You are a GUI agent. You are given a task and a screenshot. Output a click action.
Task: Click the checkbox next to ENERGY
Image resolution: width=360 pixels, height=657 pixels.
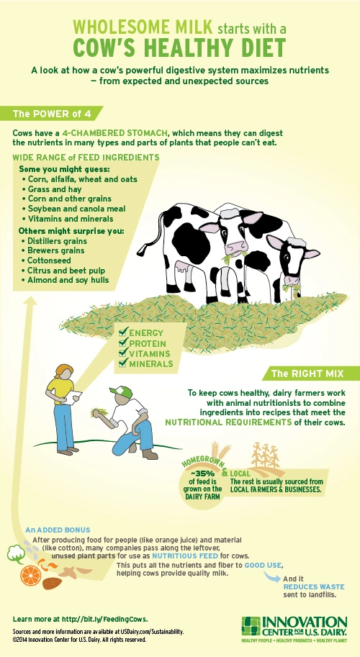(x=123, y=333)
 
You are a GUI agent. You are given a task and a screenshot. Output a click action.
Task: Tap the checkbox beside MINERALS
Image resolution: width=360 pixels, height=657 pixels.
(x=123, y=363)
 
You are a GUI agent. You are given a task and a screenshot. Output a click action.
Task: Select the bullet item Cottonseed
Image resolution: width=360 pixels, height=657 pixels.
(x=47, y=260)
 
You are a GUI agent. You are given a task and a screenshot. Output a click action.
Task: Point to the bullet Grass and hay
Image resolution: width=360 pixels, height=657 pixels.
(x=52, y=189)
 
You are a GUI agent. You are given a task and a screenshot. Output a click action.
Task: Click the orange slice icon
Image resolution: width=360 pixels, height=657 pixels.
(x=30, y=575)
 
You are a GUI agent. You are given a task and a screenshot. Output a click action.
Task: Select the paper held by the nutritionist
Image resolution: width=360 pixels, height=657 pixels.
(x=73, y=396)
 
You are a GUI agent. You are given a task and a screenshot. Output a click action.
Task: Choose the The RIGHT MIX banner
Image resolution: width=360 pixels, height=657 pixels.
(x=310, y=373)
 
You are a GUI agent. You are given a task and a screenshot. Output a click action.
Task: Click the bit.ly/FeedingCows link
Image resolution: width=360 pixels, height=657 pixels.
(x=105, y=620)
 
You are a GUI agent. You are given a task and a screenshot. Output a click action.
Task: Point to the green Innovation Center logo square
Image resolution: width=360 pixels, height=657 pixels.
(x=251, y=625)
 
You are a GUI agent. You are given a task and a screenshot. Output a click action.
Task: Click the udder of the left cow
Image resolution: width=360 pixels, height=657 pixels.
(x=183, y=267)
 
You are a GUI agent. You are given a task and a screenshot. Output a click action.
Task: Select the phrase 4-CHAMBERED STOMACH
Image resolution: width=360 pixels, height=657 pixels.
(x=115, y=133)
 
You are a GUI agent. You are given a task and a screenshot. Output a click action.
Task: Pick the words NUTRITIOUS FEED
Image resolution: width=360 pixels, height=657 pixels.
(x=185, y=556)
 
